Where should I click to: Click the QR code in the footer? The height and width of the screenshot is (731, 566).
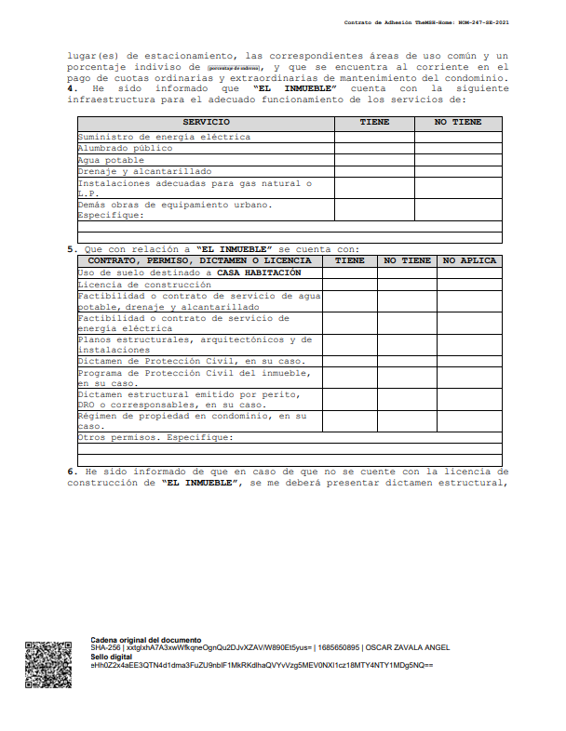[x=47, y=664]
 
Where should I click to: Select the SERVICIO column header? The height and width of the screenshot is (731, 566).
[x=206, y=123]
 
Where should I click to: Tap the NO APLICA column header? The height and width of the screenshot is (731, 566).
[x=469, y=260]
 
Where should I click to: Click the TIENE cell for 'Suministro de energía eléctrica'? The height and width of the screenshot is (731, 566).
[x=374, y=137]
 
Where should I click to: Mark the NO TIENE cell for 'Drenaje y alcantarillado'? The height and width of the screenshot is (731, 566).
[x=458, y=171]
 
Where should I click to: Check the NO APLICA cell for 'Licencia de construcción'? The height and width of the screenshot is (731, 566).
[x=469, y=285]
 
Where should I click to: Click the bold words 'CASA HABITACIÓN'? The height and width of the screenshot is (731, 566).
[x=259, y=273]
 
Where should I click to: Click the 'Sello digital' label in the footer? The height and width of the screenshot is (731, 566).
[x=112, y=657]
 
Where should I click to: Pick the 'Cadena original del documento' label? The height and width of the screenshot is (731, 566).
[x=145, y=640]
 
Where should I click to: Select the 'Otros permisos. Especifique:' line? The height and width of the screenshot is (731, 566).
[x=155, y=437]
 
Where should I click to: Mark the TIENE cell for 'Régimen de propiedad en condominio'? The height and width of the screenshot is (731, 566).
[x=349, y=420]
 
